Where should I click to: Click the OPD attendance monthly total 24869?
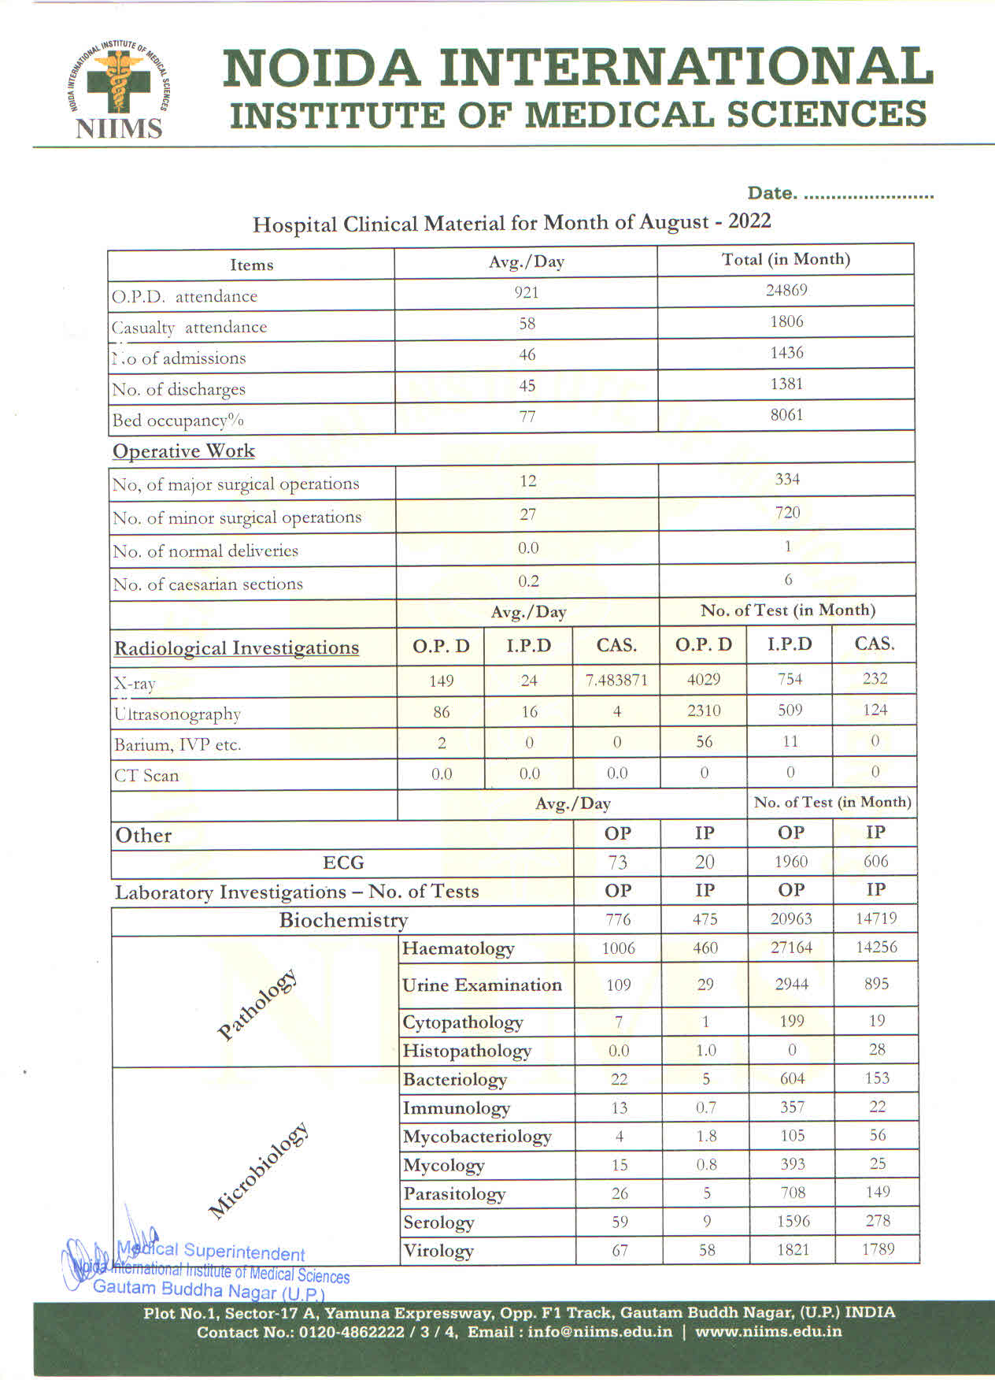click(786, 290)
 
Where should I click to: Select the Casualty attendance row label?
click(189, 327)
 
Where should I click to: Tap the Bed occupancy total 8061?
click(786, 414)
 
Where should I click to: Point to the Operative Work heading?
click(183, 451)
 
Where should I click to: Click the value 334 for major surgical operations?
click(786, 479)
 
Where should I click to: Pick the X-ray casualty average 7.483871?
click(616, 680)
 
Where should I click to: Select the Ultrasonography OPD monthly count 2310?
click(704, 710)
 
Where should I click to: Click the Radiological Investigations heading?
click(236, 648)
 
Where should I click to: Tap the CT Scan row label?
click(146, 776)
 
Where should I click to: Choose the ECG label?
click(343, 862)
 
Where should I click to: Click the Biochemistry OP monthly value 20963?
click(791, 918)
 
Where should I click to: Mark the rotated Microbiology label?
click(258, 1171)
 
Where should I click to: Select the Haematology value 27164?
click(791, 948)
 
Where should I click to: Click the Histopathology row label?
click(467, 1051)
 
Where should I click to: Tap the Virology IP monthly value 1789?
click(877, 1249)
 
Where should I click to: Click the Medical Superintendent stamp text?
click(211, 1252)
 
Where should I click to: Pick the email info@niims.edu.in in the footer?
click(600, 1332)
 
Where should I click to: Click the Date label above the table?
click(771, 193)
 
